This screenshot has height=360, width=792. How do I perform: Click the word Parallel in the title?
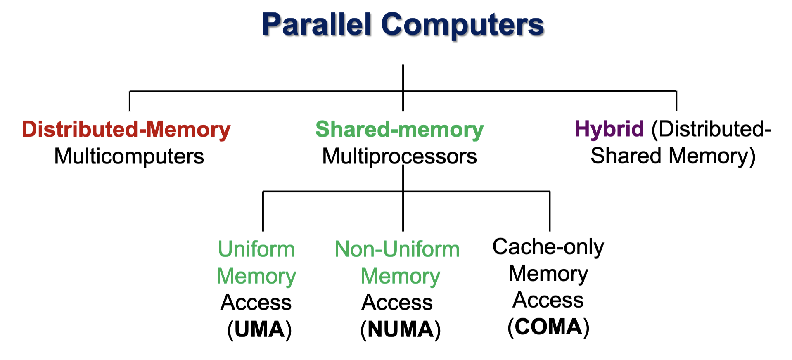pos(317,24)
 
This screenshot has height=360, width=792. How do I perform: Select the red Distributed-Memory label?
pos(126,129)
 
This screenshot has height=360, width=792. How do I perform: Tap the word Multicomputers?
pos(129,156)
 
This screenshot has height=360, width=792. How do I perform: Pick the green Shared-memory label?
pos(399,129)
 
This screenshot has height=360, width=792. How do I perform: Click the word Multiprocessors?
pos(399,156)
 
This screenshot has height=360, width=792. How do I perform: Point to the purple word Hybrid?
pos(609,129)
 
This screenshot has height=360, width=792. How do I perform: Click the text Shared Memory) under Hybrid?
pos(673,156)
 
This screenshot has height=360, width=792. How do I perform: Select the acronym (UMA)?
pos(259,329)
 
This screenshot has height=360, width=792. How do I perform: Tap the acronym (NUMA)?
pos(400,329)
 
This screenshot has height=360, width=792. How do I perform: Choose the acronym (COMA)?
pos(548,327)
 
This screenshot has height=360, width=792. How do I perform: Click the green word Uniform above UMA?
pos(256,249)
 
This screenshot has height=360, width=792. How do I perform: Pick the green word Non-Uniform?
pos(397,249)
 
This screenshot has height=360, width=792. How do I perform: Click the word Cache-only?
pos(548,247)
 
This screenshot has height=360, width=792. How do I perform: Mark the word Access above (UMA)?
pos(256,303)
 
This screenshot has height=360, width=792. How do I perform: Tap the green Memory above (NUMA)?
pos(400,276)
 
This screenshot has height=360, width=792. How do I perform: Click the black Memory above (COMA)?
pos(548,273)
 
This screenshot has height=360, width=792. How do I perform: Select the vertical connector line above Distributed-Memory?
pos(130,101)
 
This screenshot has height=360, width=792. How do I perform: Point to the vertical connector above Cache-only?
pos(550,211)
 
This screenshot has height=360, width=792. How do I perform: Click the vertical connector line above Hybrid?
pos(676,101)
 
